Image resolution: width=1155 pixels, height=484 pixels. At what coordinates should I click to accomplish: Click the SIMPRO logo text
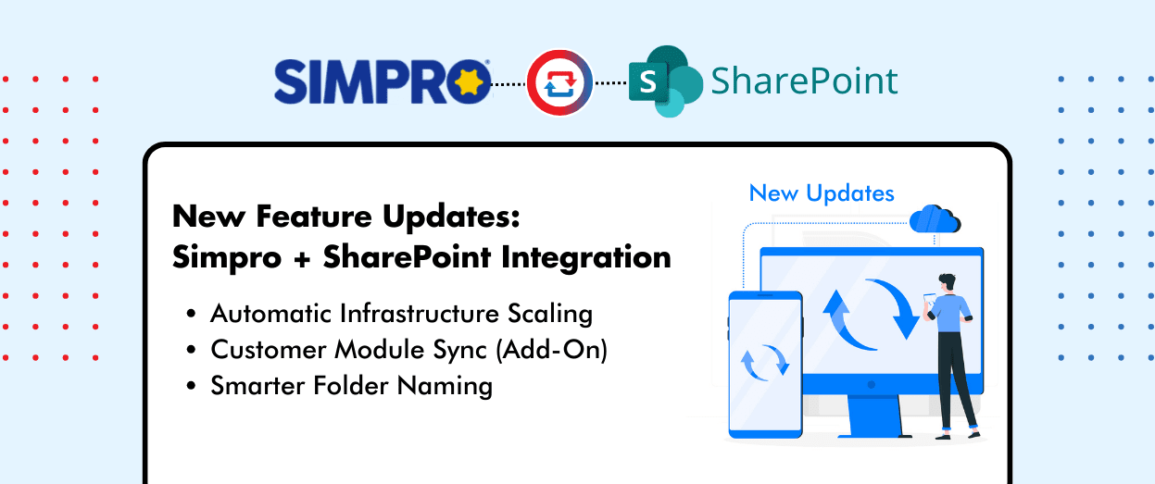coord(366,81)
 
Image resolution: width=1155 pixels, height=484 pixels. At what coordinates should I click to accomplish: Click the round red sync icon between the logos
coord(559,82)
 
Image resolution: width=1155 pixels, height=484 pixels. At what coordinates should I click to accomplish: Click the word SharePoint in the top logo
coord(804,81)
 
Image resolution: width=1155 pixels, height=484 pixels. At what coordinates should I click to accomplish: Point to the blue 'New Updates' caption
coord(822,193)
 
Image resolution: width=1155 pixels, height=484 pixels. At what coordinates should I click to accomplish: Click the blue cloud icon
coord(935,220)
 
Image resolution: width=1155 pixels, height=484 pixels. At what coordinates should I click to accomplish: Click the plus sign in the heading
coord(299,256)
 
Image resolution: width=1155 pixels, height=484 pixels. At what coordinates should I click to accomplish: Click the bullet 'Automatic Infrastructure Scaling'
coord(401,313)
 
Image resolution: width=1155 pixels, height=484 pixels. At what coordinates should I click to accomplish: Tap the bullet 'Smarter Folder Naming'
coord(351,385)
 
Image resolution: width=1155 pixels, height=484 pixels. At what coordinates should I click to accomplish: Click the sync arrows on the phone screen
coord(764,363)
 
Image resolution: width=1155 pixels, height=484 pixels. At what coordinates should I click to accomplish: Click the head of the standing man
coord(946,281)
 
